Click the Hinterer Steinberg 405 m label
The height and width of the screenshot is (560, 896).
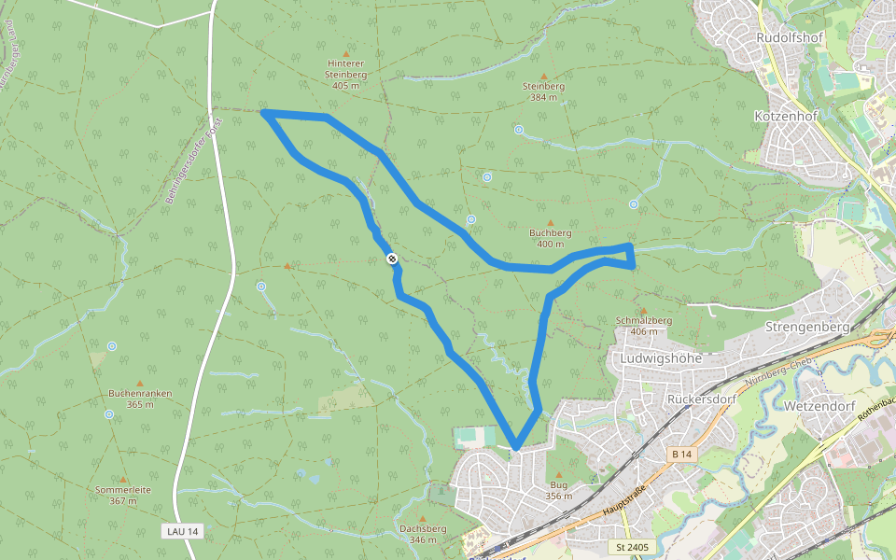coord(345,74)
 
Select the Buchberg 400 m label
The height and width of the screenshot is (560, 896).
coord(550,238)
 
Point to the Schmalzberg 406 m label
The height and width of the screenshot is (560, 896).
coord(644,326)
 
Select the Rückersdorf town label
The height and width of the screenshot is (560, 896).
coord(696,399)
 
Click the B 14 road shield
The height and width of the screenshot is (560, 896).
coord(682,454)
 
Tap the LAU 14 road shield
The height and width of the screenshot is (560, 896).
coord(181,531)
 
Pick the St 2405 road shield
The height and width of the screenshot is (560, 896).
coord(632,546)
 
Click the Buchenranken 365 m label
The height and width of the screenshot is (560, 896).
coord(140,399)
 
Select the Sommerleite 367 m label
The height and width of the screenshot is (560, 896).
coord(123,495)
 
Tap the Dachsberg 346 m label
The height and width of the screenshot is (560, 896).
coord(422,534)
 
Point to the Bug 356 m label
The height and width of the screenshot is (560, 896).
coord(559,490)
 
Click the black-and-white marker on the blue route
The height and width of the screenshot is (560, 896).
coord(392,259)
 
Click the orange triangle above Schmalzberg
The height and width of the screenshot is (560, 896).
coord(643,310)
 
